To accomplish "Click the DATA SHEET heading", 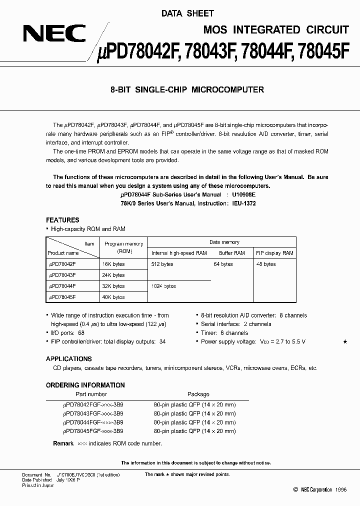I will click(x=187, y=13).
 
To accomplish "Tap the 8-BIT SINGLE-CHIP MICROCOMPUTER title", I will click(x=186, y=90).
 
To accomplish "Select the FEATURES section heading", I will click(x=62, y=220).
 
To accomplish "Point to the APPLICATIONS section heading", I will click(x=68, y=359).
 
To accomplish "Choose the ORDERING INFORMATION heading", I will click(x=85, y=385).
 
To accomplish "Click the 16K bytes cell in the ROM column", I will click(x=113, y=264).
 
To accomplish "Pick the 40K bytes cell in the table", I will click(x=113, y=297).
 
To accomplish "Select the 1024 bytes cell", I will click(x=163, y=286).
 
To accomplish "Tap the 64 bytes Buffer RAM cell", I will click(x=223, y=264).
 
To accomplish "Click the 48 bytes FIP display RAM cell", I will click(x=265, y=264).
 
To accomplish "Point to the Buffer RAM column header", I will click(x=232, y=253).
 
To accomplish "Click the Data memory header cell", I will click(x=224, y=242).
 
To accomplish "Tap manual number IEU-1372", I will click(x=243, y=204).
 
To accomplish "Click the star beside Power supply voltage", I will click(x=344, y=341).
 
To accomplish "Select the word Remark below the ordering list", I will click(x=63, y=443).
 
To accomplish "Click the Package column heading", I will click(x=198, y=394).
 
